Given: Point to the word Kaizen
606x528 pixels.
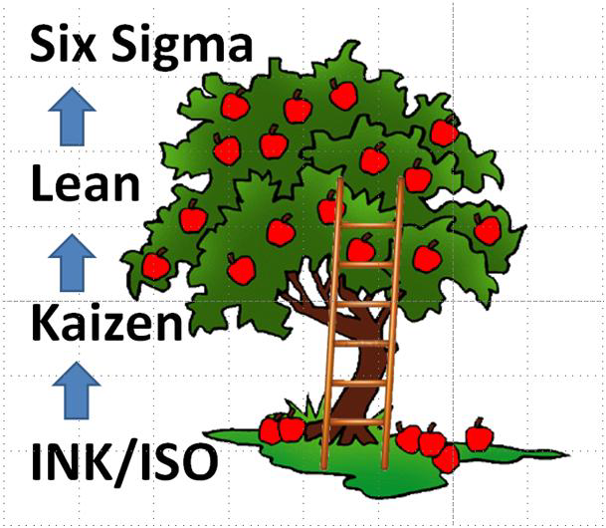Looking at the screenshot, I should pyautogui.click(x=107, y=323).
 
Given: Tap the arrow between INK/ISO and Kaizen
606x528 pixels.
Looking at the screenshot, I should pyautogui.click(x=72, y=390).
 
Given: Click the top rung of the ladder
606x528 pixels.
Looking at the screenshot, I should pyautogui.click(x=368, y=225).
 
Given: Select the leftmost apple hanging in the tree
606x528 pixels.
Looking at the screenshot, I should pyautogui.click(x=155, y=266).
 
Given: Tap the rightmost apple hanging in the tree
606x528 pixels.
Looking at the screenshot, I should pyautogui.click(x=487, y=230).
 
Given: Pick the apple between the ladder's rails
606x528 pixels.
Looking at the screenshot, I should pyautogui.click(x=361, y=248).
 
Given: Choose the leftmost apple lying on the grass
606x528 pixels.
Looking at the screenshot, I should pyautogui.click(x=270, y=430).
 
